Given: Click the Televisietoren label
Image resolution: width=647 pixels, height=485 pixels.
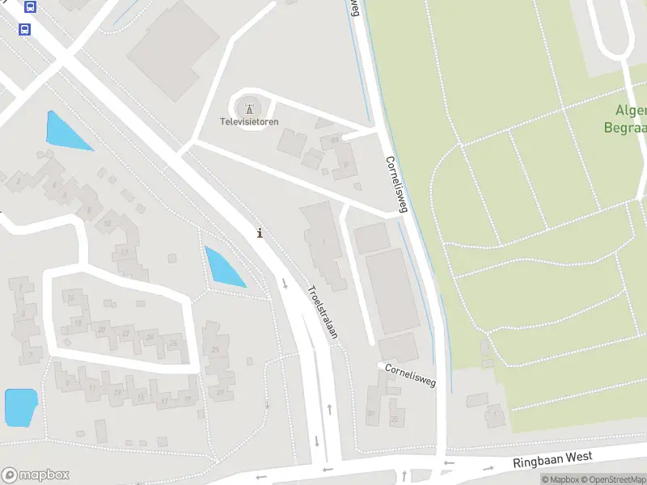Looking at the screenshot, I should coord(250,122).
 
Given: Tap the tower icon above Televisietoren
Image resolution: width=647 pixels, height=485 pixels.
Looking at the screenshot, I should coord(249,108).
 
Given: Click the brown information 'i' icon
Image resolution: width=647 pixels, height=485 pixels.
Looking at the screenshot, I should coord(259,233).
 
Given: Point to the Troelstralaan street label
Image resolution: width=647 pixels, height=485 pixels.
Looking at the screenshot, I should coord(321,311).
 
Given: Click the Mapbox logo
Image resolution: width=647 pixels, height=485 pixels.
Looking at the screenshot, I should coord(35,474).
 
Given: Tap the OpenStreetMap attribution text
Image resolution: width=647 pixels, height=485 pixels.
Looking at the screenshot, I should coord(613,480).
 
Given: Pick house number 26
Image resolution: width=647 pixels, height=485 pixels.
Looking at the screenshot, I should coord(172,344).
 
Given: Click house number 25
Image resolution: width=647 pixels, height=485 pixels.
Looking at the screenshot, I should coord(215,349).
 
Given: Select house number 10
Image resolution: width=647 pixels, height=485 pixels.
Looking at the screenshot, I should coord(107,223).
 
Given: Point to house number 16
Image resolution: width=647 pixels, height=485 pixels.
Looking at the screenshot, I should coord(71,298).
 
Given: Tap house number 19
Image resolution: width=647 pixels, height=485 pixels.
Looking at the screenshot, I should coord(77,323).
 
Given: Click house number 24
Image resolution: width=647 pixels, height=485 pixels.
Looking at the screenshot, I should coord(149,336).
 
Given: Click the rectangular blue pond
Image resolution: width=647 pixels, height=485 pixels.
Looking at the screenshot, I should coord(21,407).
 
